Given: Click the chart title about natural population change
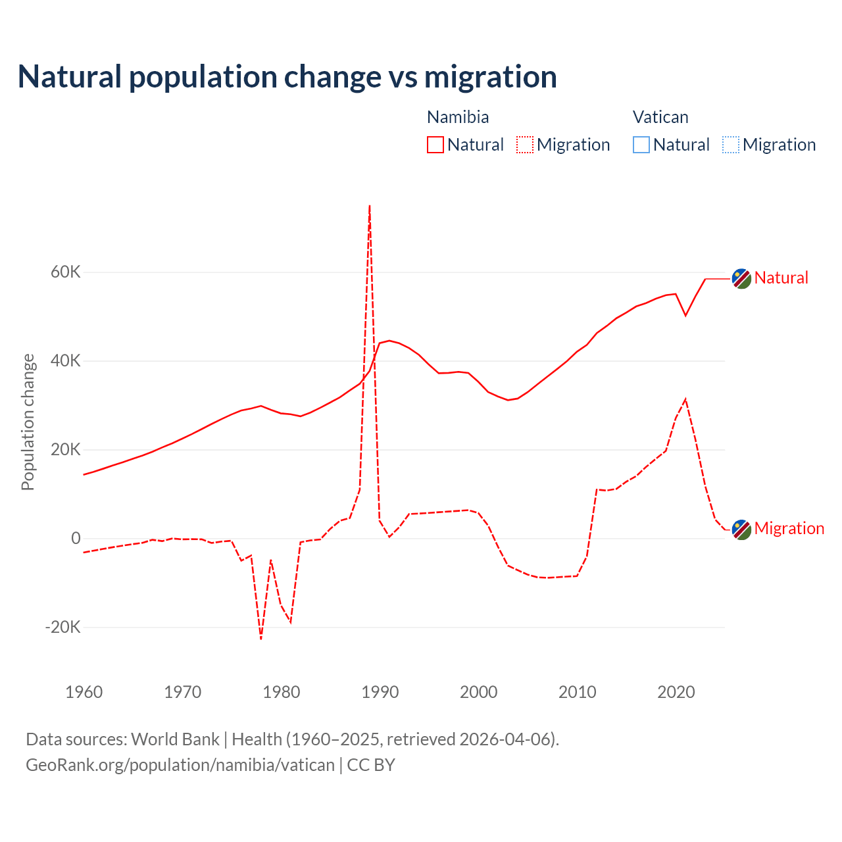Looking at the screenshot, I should pos(287,77).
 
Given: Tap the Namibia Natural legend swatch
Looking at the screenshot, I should pos(435,145).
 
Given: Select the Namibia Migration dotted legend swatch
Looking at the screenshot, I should pos(524,145).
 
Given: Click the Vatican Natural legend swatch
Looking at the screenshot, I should pos(641,145).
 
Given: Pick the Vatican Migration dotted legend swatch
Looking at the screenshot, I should pos(730,145).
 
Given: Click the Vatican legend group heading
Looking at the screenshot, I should pos(660,117).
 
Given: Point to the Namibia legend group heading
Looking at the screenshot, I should pos(458,117).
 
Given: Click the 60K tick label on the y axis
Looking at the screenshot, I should pos(66,272).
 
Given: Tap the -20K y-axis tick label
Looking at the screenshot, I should pos(63,628).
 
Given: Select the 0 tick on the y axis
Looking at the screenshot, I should pos(76,539).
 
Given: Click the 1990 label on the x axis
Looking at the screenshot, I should pos(380,692).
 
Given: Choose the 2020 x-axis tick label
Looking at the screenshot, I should pos(676,692).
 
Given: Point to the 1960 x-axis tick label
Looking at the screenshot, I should pos(84,692).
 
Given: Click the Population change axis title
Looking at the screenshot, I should pos(28,422).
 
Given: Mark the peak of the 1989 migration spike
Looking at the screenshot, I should pos(370,206).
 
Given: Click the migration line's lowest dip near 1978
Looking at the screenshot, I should pos(261,638).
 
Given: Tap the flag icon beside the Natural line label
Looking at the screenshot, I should pos(741,279).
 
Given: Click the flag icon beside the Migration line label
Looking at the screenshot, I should pos(741,530).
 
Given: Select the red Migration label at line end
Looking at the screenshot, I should pos(789,529).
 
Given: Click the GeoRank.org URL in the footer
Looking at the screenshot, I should pos(180,765).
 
